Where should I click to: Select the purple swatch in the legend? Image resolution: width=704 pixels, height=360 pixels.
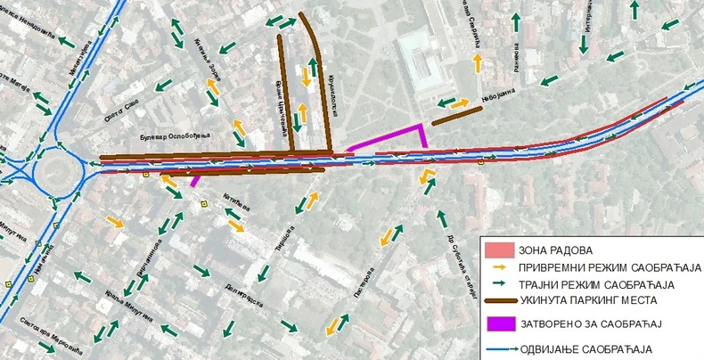[x=499, y=323]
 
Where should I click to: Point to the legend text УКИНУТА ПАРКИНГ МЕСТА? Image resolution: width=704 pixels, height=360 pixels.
[x=593, y=302]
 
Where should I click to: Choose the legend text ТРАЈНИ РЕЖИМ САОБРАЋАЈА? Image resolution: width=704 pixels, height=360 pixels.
[x=593, y=284]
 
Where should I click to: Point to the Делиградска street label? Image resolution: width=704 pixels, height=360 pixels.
[x=239, y=286]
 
